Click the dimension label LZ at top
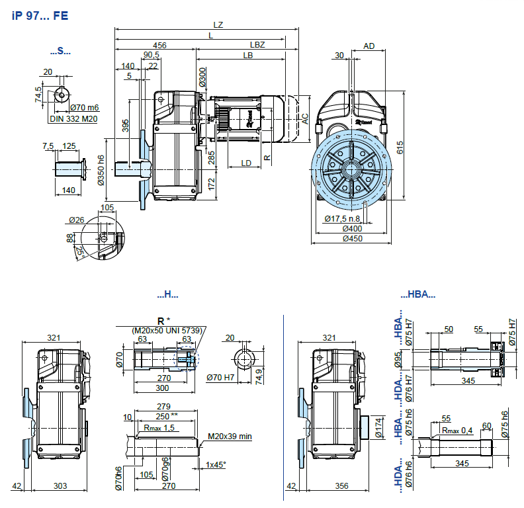[x=218, y=25]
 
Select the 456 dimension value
[x=159, y=45]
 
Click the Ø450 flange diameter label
[x=353, y=239]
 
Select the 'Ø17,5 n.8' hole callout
[x=342, y=219]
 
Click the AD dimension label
[x=369, y=46]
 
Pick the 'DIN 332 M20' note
[x=73, y=119]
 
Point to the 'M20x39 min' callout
[x=230, y=437]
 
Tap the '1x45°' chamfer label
[x=216, y=465]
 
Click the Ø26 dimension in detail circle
[x=77, y=220]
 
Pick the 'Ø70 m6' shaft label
[x=83, y=108]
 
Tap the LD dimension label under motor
[x=246, y=162]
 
